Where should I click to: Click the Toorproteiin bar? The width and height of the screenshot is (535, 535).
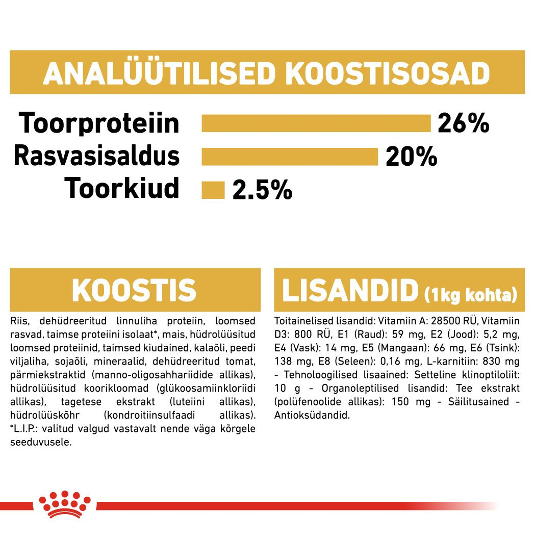(316, 123)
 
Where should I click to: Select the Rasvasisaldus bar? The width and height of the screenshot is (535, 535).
(290, 157)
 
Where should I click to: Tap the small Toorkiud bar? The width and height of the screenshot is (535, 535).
(213, 190)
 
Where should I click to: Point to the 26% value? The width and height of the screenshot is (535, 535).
(463, 123)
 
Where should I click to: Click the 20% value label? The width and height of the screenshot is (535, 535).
(411, 157)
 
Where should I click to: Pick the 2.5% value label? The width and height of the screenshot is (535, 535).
(262, 190)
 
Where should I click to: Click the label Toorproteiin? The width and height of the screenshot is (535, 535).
(99, 123)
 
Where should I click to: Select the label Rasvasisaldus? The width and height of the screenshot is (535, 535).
(97, 156)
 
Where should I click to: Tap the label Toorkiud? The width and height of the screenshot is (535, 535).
(122, 189)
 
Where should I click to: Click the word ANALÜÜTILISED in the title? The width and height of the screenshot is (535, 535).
(159, 74)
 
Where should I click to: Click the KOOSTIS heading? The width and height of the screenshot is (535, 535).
(134, 290)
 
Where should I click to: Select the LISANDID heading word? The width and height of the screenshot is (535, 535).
(350, 290)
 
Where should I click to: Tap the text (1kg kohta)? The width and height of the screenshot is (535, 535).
(470, 295)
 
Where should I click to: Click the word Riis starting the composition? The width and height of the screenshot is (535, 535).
(18, 321)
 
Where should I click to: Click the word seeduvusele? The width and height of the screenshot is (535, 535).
(41, 442)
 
